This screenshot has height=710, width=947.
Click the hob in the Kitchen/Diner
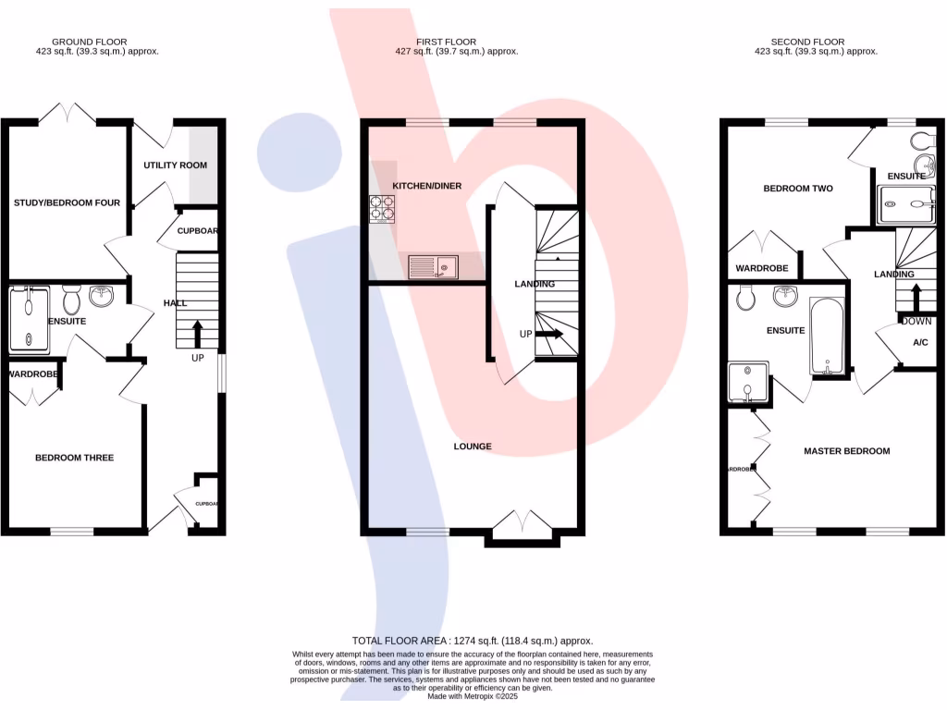click(x=383, y=209)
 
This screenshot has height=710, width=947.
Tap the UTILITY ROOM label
click(x=176, y=165)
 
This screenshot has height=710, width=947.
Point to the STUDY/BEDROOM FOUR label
click(x=67, y=202)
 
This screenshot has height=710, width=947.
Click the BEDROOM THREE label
click(x=74, y=458)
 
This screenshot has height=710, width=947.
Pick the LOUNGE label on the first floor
click(x=473, y=447)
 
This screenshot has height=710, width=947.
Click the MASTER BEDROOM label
click(x=846, y=451)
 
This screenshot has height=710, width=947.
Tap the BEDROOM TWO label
click(x=797, y=189)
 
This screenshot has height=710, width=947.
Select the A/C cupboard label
click(x=920, y=343)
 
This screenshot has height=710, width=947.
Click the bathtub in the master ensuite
click(x=828, y=337)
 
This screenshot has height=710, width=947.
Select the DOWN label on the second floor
click(x=916, y=322)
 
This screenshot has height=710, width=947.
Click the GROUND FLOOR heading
click(x=90, y=42)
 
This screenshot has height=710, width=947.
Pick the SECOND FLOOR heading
click(x=808, y=42)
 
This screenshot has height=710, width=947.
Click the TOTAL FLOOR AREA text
click(x=472, y=641)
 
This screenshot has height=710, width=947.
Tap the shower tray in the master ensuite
click(x=747, y=383)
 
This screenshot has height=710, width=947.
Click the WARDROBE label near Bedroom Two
click(x=762, y=269)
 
